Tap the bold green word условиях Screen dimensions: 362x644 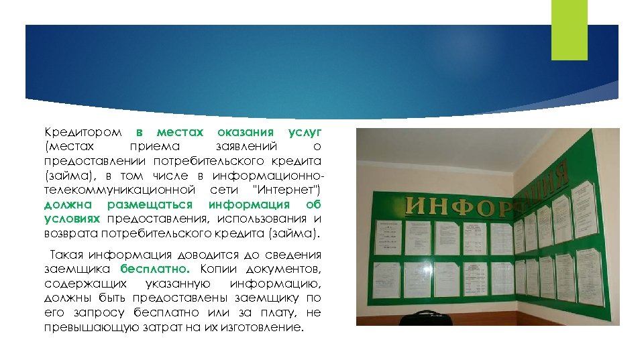coord(72,220)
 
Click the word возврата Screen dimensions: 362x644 coord(71,234)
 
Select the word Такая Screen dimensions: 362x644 coord(68,255)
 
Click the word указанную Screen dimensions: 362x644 coord(164,284)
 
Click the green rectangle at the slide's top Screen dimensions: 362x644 coord(569,30)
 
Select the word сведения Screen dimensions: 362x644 coord(295,255)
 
